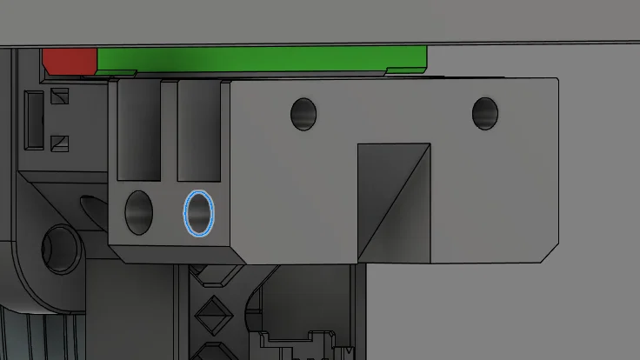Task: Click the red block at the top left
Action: tap(69, 61)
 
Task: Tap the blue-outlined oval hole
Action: tap(199, 213)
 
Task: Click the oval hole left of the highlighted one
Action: tap(139, 212)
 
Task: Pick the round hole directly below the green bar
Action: tap(303, 113)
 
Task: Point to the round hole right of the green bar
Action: tap(484, 112)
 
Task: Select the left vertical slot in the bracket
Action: tap(139, 130)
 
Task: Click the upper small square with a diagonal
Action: tap(60, 97)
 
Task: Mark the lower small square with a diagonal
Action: tap(60, 141)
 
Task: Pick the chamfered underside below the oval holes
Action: tap(174, 254)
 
